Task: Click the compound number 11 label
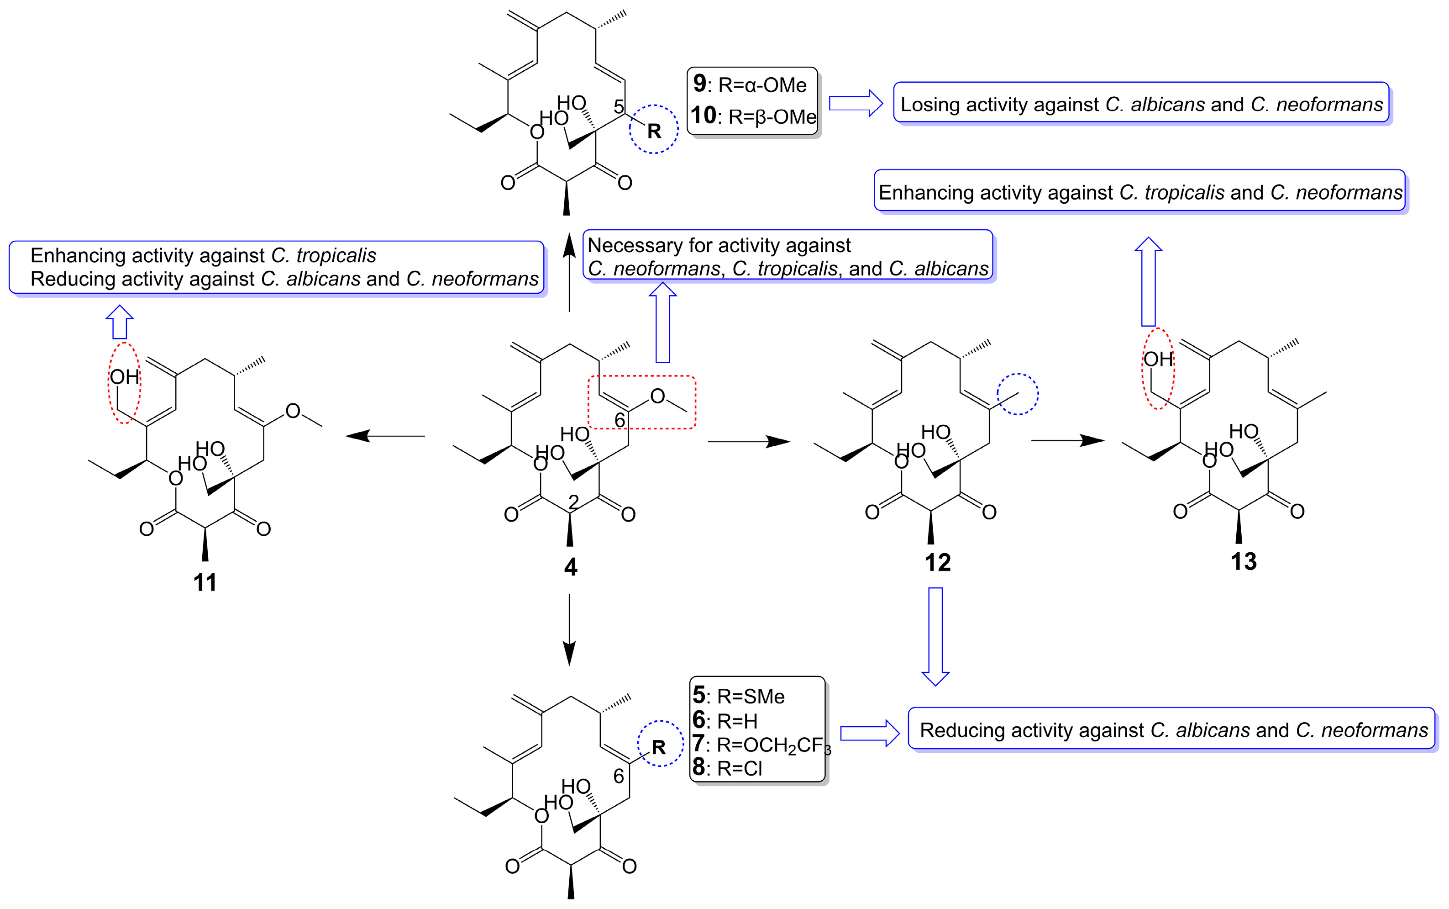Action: [x=205, y=582]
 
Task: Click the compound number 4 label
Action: [x=570, y=566]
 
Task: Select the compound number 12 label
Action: [x=937, y=562]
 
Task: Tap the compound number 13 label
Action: [x=1243, y=561]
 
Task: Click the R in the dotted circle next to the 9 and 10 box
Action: [x=654, y=131]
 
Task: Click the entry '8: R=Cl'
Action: [x=727, y=768]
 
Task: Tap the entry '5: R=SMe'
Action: [x=738, y=696]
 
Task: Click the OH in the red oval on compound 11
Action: [x=124, y=377]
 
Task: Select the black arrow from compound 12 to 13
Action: [x=1067, y=441]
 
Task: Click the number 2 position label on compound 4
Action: [x=574, y=502]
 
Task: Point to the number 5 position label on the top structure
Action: [x=618, y=106]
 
